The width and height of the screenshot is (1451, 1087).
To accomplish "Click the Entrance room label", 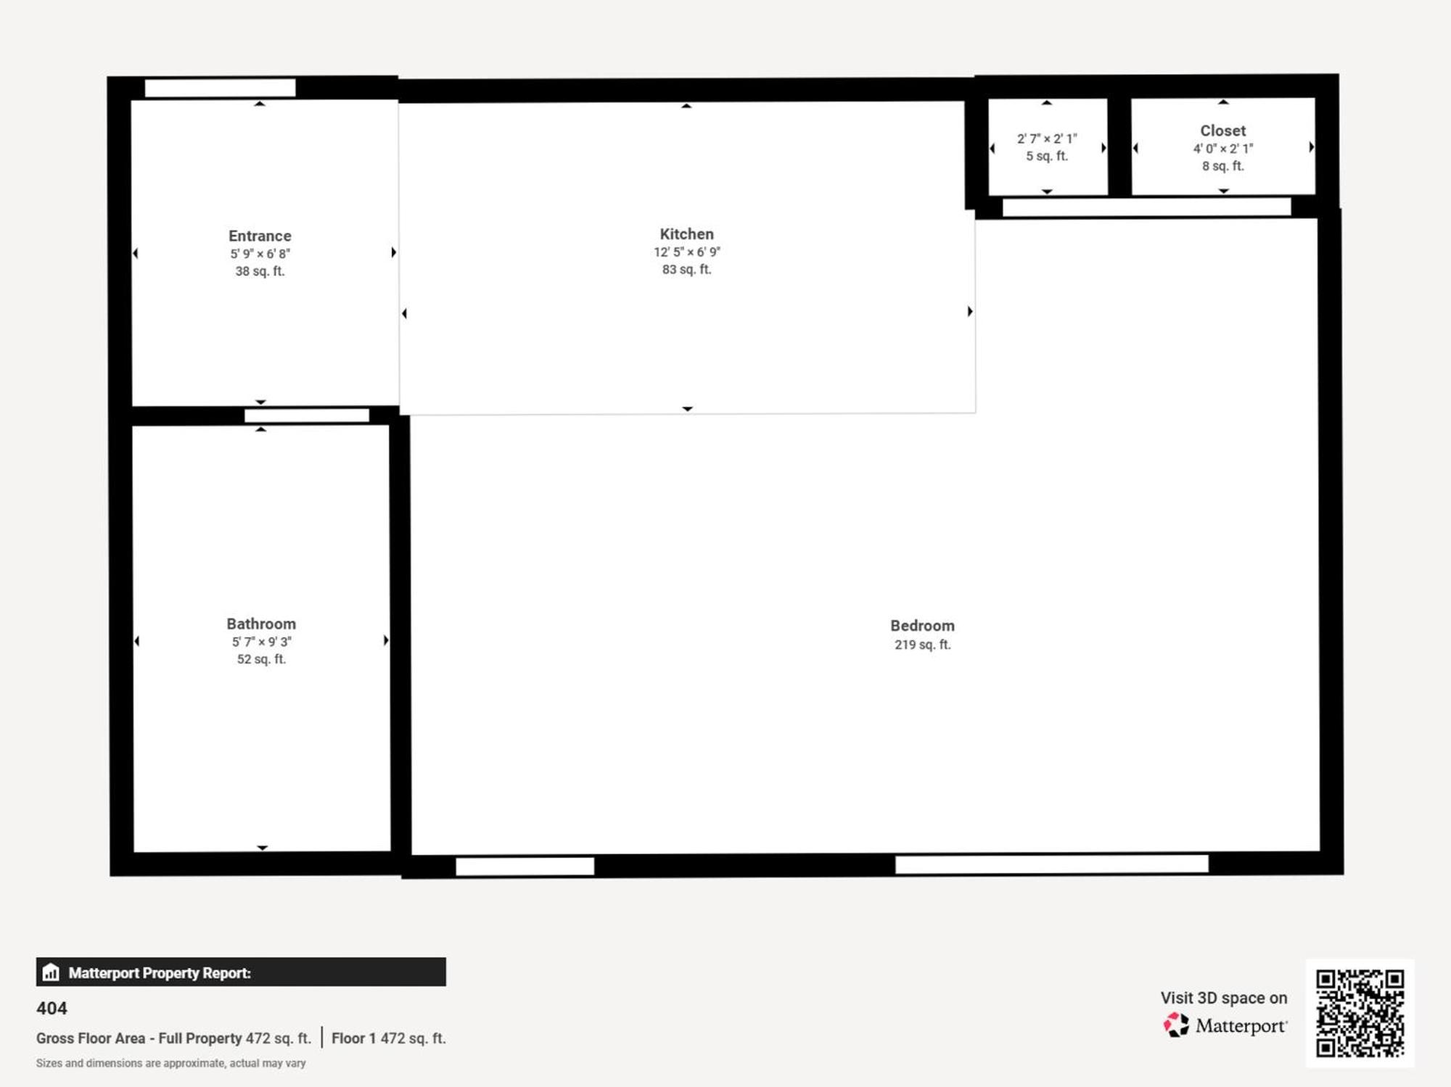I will (x=260, y=236).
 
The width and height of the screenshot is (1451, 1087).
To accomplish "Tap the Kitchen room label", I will (x=686, y=234).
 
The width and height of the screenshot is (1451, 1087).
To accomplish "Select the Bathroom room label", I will (x=261, y=624).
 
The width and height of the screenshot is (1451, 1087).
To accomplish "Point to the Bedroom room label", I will (x=922, y=625).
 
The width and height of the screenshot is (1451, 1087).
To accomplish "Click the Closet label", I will (x=1222, y=131).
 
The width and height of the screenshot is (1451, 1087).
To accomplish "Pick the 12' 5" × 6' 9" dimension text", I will (x=686, y=252).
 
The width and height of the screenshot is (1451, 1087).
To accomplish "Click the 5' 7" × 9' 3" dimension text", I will (x=261, y=642).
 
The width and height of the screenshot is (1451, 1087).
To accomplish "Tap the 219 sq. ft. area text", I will (x=922, y=645).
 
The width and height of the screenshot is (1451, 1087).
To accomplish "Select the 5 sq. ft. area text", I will (x=1046, y=156).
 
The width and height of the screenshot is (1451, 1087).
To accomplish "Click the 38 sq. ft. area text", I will (x=260, y=271).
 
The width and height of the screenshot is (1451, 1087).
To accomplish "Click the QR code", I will (x=1360, y=1013).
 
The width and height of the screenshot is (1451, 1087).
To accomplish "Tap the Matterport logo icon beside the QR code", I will (x=1176, y=1025).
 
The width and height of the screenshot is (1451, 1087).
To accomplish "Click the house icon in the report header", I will (x=51, y=972).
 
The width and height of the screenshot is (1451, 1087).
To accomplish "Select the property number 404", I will (x=52, y=1008).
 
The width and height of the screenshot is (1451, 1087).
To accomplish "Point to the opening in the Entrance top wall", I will (x=220, y=88).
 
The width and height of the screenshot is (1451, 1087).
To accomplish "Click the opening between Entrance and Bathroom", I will (x=306, y=416).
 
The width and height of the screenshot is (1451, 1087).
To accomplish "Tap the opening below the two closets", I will (x=1146, y=207).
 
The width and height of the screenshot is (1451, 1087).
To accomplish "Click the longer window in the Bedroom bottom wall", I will (x=1051, y=864).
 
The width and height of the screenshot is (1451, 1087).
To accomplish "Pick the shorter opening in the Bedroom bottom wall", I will (x=525, y=866).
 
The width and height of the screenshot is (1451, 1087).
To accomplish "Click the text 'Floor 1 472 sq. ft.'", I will (x=388, y=1038).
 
